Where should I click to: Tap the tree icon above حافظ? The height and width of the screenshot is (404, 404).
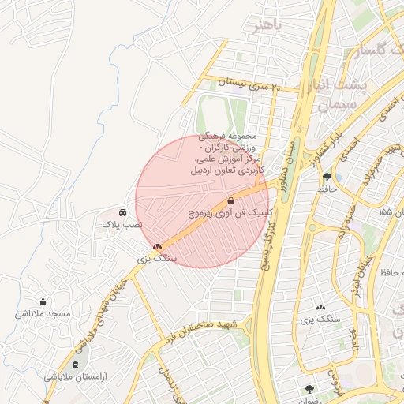point(327,178)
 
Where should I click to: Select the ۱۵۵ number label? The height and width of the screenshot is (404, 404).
point(384,211)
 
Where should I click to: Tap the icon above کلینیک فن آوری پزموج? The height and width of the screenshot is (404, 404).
point(230,201)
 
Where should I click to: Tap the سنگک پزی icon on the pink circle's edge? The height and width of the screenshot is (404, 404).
point(158,247)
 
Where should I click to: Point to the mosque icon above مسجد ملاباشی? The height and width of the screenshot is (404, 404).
point(43,301)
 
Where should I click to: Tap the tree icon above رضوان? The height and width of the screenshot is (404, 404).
point(309,388)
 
